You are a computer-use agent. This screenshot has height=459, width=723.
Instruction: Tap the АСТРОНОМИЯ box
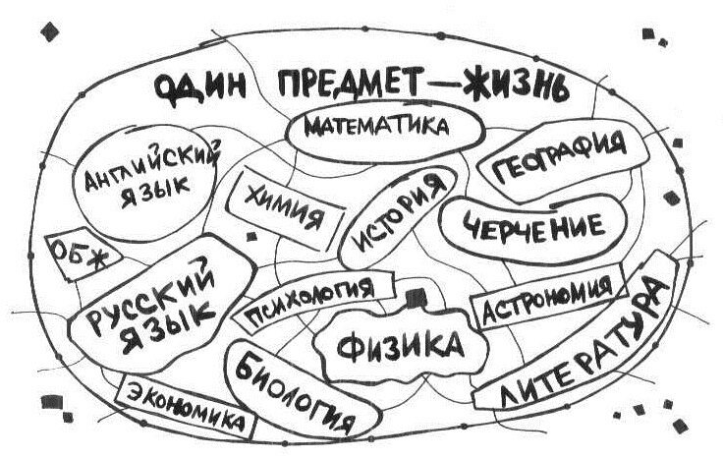point(546,301)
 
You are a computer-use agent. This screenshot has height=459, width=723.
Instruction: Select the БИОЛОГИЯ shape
point(294,388)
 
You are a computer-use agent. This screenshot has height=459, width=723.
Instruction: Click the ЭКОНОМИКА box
point(187,406)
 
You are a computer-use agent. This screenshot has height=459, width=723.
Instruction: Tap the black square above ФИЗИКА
point(415,295)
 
